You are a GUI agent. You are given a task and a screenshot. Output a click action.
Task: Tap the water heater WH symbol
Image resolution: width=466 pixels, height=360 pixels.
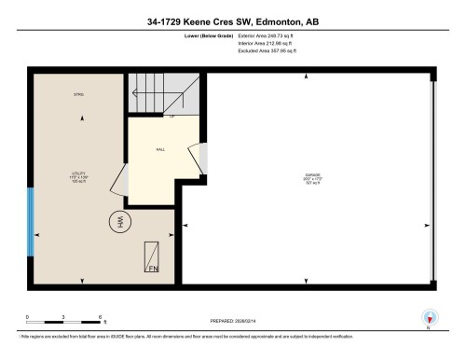point(118,222)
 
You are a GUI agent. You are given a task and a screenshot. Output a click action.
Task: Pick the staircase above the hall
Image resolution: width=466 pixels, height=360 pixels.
point(163,93)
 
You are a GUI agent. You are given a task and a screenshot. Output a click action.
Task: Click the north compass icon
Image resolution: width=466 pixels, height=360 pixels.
point(430,317)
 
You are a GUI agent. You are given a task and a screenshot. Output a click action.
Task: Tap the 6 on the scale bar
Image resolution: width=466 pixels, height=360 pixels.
point(100,317)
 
